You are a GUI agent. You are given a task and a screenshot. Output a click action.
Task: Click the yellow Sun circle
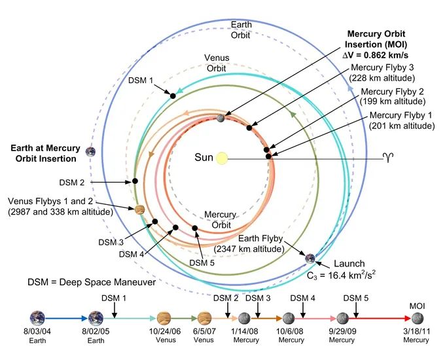(x=222, y=158)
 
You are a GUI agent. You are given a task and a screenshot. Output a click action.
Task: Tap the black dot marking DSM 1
(x=173, y=96)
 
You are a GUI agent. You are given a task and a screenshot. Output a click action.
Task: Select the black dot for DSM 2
(x=135, y=181)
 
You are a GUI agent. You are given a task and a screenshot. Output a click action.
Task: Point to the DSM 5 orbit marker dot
(x=195, y=228)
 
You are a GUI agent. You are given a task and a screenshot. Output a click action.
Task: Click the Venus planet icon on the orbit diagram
(x=139, y=210)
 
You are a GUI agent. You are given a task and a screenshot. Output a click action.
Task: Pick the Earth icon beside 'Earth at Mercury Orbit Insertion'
(x=90, y=152)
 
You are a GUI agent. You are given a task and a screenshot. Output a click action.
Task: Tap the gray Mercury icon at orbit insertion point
(x=221, y=118)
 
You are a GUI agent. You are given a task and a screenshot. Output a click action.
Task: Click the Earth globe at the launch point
(x=310, y=259)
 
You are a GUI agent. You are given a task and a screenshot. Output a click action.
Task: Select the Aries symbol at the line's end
(x=388, y=158)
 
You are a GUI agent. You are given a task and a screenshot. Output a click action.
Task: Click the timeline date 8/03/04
(x=37, y=331)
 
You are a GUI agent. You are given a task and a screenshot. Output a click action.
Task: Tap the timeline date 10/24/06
(x=165, y=331)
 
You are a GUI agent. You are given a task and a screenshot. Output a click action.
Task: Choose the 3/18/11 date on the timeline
(x=416, y=331)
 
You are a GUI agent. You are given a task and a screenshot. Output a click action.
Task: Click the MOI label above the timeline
(x=418, y=306)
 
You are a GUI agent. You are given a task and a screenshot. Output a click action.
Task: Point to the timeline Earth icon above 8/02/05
(x=96, y=318)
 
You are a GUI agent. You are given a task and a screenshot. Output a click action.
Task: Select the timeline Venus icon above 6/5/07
(x=204, y=318)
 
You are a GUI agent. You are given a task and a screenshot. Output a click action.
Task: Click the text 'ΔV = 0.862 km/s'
(x=376, y=55)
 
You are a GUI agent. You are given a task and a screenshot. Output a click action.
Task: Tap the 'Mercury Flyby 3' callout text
(x=382, y=67)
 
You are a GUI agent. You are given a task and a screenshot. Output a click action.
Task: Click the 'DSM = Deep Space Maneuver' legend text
(x=92, y=282)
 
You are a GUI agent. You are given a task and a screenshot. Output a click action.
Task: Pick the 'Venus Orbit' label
(x=217, y=63)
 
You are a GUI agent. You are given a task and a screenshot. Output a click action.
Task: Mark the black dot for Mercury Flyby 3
(x=249, y=128)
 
